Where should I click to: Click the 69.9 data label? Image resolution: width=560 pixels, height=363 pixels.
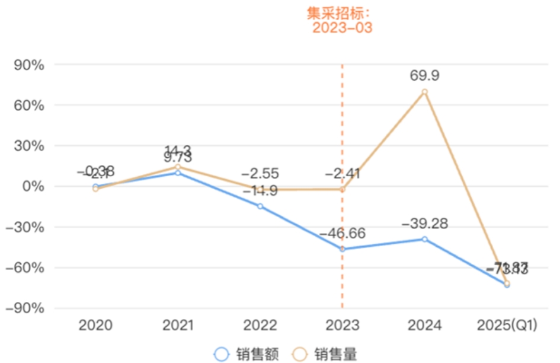(x=424, y=75)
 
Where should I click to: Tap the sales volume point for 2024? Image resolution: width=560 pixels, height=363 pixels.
(x=424, y=91)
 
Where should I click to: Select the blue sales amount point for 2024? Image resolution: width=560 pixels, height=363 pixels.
(x=424, y=239)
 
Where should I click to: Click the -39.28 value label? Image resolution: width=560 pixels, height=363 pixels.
(x=424, y=224)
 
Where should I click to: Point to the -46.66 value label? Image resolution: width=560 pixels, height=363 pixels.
(x=342, y=233)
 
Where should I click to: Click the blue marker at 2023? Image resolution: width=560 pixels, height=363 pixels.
(x=342, y=249)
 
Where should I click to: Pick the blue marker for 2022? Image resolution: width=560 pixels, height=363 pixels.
(x=260, y=206)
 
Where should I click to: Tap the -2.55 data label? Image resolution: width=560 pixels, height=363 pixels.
(x=260, y=175)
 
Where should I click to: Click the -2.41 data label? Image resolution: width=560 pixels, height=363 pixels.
(x=343, y=175)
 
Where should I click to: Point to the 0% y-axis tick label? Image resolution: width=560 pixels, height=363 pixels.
(x=33, y=186)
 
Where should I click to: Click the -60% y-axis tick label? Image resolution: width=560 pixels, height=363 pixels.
(x=25, y=268)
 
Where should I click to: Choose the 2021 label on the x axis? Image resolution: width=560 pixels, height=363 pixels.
(x=178, y=325)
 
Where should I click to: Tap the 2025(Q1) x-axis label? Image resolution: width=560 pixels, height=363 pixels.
(x=507, y=325)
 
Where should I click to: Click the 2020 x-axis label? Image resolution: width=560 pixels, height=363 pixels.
(x=95, y=325)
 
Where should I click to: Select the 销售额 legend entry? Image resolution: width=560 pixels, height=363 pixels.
(x=249, y=354)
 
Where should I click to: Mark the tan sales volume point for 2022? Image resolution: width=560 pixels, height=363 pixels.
(x=260, y=190)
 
